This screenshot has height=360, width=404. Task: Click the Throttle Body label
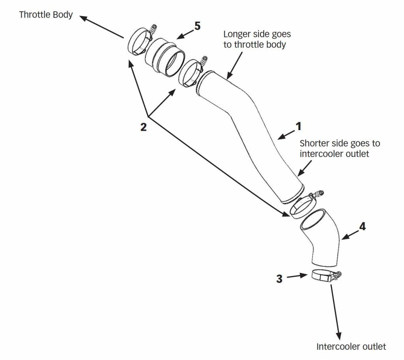click(46, 15)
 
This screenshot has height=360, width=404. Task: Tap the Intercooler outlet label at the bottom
click(351, 346)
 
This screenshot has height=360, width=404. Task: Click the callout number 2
click(143, 127)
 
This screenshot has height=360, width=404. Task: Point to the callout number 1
click(298, 126)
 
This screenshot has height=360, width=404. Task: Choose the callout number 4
click(362, 226)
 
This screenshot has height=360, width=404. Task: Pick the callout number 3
click(279, 279)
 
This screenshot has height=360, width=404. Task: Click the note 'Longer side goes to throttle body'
click(257, 39)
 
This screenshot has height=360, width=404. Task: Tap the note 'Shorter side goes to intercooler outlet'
click(340, 148)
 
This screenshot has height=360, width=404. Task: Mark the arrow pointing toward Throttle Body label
click(101, 27)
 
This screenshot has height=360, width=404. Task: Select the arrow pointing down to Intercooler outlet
click(335, 312)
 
